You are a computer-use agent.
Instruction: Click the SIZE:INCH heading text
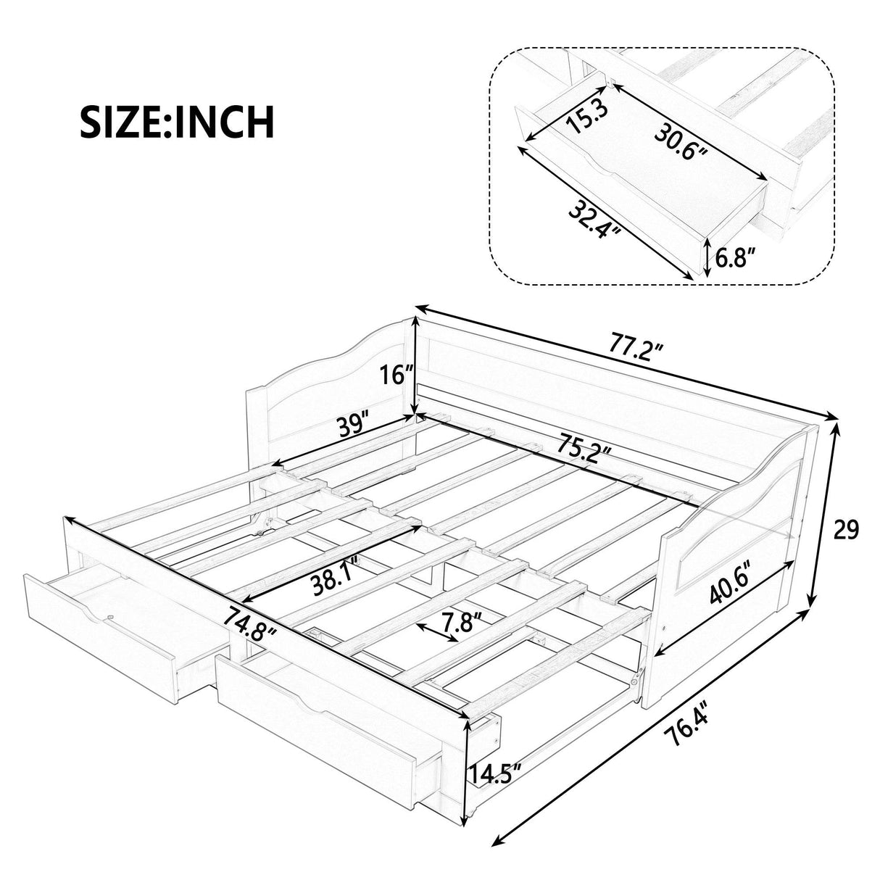point(177,122)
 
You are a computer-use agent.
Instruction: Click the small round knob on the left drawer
point(110,618)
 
